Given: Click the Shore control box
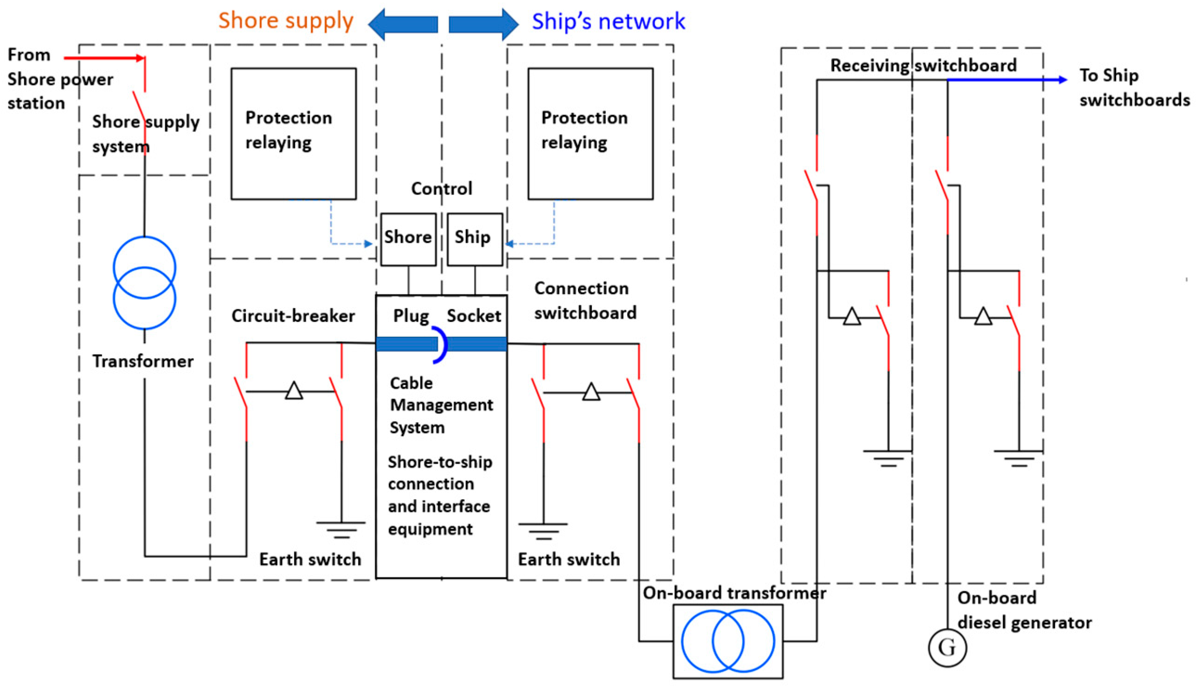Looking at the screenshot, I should tap(408, 239).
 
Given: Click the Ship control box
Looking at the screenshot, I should tap(474, 239).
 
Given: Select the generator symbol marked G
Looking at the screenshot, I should tap(947, 648).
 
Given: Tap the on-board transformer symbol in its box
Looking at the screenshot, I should tap(727, 641).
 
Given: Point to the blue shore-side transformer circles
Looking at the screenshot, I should tap(144, 283).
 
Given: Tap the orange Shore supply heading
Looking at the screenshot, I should tap(285, 21).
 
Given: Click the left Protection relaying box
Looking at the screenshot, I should tap(294, 134).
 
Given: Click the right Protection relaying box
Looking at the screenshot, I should tap(590, 134).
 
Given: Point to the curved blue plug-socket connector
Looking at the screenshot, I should tap(441, 345).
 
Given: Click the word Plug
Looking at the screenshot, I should tap(411, 315).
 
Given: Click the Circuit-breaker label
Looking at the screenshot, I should tap(293, 315).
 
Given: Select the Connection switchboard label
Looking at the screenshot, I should tap(585, 301).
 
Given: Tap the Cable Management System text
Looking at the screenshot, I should tap(441, 405).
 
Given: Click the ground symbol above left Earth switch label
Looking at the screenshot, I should tap(341, 530).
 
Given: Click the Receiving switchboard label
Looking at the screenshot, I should tap(923, 65).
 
